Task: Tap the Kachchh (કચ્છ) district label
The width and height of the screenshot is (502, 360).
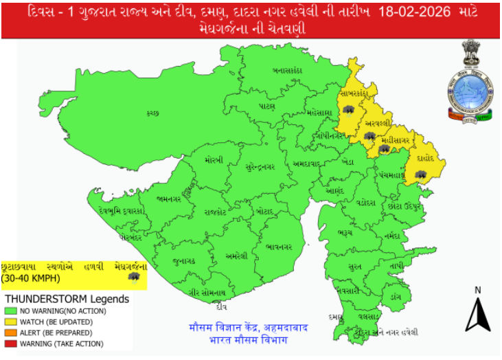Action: click(152, 114)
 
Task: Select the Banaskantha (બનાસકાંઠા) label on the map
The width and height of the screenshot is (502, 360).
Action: click(288, 70)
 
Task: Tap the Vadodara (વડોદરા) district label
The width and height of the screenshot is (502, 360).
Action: click(366, 203)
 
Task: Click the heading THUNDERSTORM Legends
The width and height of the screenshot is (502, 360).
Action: click(67, 300)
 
